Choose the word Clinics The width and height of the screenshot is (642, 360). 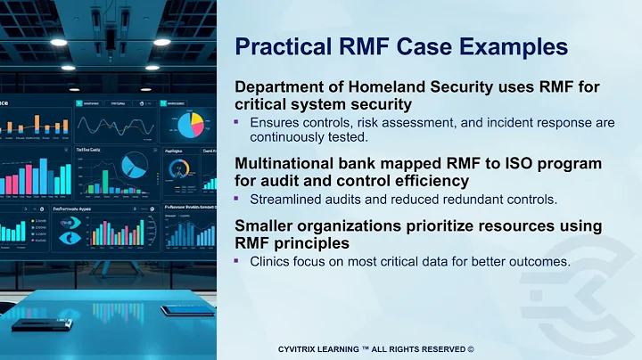[x=272, y=261]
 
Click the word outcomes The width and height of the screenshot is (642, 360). [x=538, y=261]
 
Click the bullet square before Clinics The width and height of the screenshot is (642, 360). [x=239, y=261]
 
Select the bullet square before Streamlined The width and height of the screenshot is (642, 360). [x=239, y=198]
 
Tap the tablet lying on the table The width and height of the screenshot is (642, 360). [x=182, y=311]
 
